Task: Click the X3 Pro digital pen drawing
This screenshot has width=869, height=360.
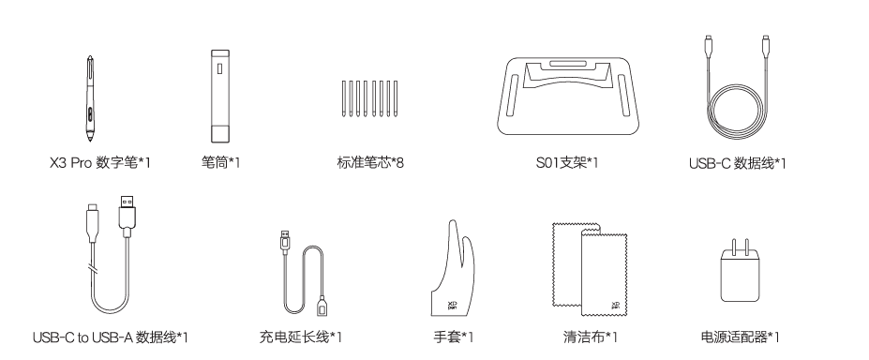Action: pyautogui.click(x=89, y=98)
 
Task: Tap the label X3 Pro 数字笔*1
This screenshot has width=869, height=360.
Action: pyautogui.click(x=99, y=163)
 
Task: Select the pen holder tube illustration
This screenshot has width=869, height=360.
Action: pyautogui.click(x=220, y=97)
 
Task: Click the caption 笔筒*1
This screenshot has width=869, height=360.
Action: pyautogui.click(x=220, y=163)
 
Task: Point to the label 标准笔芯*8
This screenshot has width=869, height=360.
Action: pyautogui.click(x=370, y=163)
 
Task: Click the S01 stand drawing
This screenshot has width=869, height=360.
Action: pyautogui.click(x=568, y=96)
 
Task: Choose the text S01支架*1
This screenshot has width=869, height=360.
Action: pyautogui.click(x=567, y=163)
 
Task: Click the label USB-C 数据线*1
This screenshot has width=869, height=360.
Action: pyautogui.click(x=737, y=163)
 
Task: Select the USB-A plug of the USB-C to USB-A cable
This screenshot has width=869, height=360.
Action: pyautogui.click(x=127, y=209)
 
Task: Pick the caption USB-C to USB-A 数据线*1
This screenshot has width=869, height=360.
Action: pyautogui.click(x=111, y=337)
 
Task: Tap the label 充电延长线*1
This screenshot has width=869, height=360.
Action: pyautogui.click(x=300, y=337)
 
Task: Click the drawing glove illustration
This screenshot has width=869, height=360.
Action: pyautogui.click(x=453, y=270)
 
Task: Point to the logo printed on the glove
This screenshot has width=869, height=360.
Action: pyautogui.click(x=452, y=305)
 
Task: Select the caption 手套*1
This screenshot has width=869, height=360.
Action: pyautogui.click(x=454, y=337)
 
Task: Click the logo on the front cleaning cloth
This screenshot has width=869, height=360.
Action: pyautogui.click(x=615, y=306)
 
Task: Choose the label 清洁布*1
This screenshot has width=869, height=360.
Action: pyautogui.click(x=591, y=337)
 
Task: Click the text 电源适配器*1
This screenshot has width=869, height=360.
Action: pyautogui.click(x=740, y=337)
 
